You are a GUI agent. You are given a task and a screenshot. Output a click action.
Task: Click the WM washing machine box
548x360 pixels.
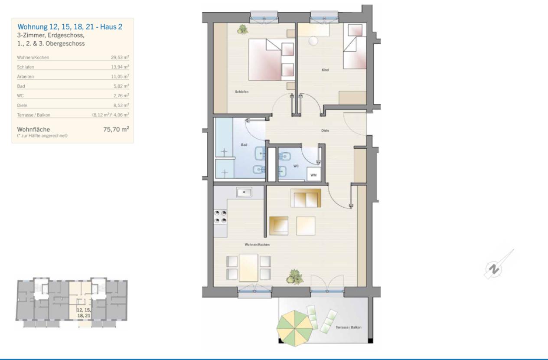coord(314,174)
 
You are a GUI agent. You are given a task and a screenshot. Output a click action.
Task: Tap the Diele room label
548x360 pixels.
coord(325,131)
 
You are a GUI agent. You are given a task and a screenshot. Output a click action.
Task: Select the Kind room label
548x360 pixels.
coord(325,70)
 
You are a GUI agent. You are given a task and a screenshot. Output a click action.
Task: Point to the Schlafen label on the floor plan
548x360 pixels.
coord(242,92)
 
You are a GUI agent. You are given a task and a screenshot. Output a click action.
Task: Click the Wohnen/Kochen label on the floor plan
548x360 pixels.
coord(257,245)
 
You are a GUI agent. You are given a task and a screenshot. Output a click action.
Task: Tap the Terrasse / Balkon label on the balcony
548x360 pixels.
coord(349,327)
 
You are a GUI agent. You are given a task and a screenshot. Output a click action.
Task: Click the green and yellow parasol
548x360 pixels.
coord(295,328)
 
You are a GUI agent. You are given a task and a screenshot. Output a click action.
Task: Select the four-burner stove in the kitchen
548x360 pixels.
coord(220,217)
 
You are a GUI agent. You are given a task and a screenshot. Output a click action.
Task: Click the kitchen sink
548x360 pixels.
coord(244,192)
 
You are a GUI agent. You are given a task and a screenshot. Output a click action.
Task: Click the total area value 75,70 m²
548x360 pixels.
coord(116,129)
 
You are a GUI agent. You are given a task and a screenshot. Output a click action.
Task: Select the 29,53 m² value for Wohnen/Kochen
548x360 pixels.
coord(120,58)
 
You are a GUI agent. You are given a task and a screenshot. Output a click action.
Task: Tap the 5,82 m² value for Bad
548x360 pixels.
coord(121,86)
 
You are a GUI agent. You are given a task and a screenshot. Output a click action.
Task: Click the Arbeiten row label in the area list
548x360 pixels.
coord(26,77)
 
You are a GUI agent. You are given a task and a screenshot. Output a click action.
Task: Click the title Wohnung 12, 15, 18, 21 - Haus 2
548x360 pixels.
coord(70,27)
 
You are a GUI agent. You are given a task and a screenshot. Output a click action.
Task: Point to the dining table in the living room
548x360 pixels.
coord(248,268)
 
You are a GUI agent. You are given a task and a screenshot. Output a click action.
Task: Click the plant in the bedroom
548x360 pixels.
coord(242,29)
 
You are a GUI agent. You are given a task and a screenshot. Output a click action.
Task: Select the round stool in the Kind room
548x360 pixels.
coord(313,41)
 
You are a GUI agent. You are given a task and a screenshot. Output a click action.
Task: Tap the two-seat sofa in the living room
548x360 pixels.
coord(306,198)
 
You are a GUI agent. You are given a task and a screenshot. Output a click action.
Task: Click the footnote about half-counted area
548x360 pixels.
coord(42,136)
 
